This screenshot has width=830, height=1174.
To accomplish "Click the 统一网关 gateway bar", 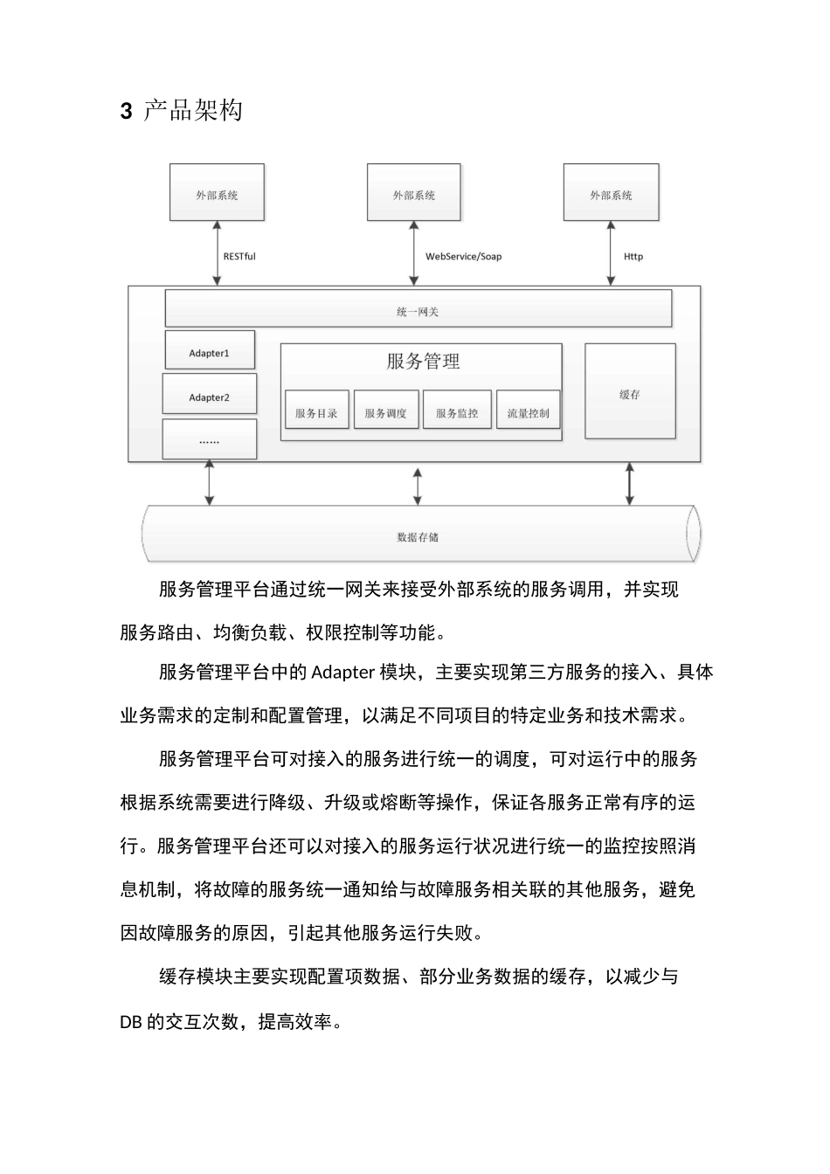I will pos(418,311).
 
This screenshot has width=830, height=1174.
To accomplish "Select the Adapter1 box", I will pos(210,353).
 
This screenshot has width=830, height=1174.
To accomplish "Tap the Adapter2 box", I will pos(210,397).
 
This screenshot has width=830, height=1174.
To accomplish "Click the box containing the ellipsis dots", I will pos(210,440).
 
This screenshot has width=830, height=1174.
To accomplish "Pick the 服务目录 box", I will pos(316,412).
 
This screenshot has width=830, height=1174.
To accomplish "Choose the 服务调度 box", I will pos(386,412).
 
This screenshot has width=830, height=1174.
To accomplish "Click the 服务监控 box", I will pos(457,412).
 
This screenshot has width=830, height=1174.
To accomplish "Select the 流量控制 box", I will pos(528,412).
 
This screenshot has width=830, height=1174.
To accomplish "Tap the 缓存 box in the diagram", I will pos(630,394).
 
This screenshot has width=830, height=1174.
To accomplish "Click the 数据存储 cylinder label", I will pos(418,536).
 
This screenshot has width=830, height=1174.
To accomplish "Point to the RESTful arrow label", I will pos(239,256).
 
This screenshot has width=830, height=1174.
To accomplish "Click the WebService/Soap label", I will pos(463,256).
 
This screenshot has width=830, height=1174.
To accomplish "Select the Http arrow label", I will pos(633,256).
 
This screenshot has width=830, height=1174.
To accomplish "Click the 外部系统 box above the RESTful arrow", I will pos(217,194).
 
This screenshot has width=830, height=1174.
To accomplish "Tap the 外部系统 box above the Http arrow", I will pos(611,194).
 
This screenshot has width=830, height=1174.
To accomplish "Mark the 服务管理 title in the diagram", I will pos(423,361).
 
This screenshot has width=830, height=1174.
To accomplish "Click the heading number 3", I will pos(126,111).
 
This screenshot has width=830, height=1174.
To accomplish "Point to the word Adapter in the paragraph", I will pos(342,672).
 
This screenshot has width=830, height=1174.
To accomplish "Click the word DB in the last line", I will pos(131,1021).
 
